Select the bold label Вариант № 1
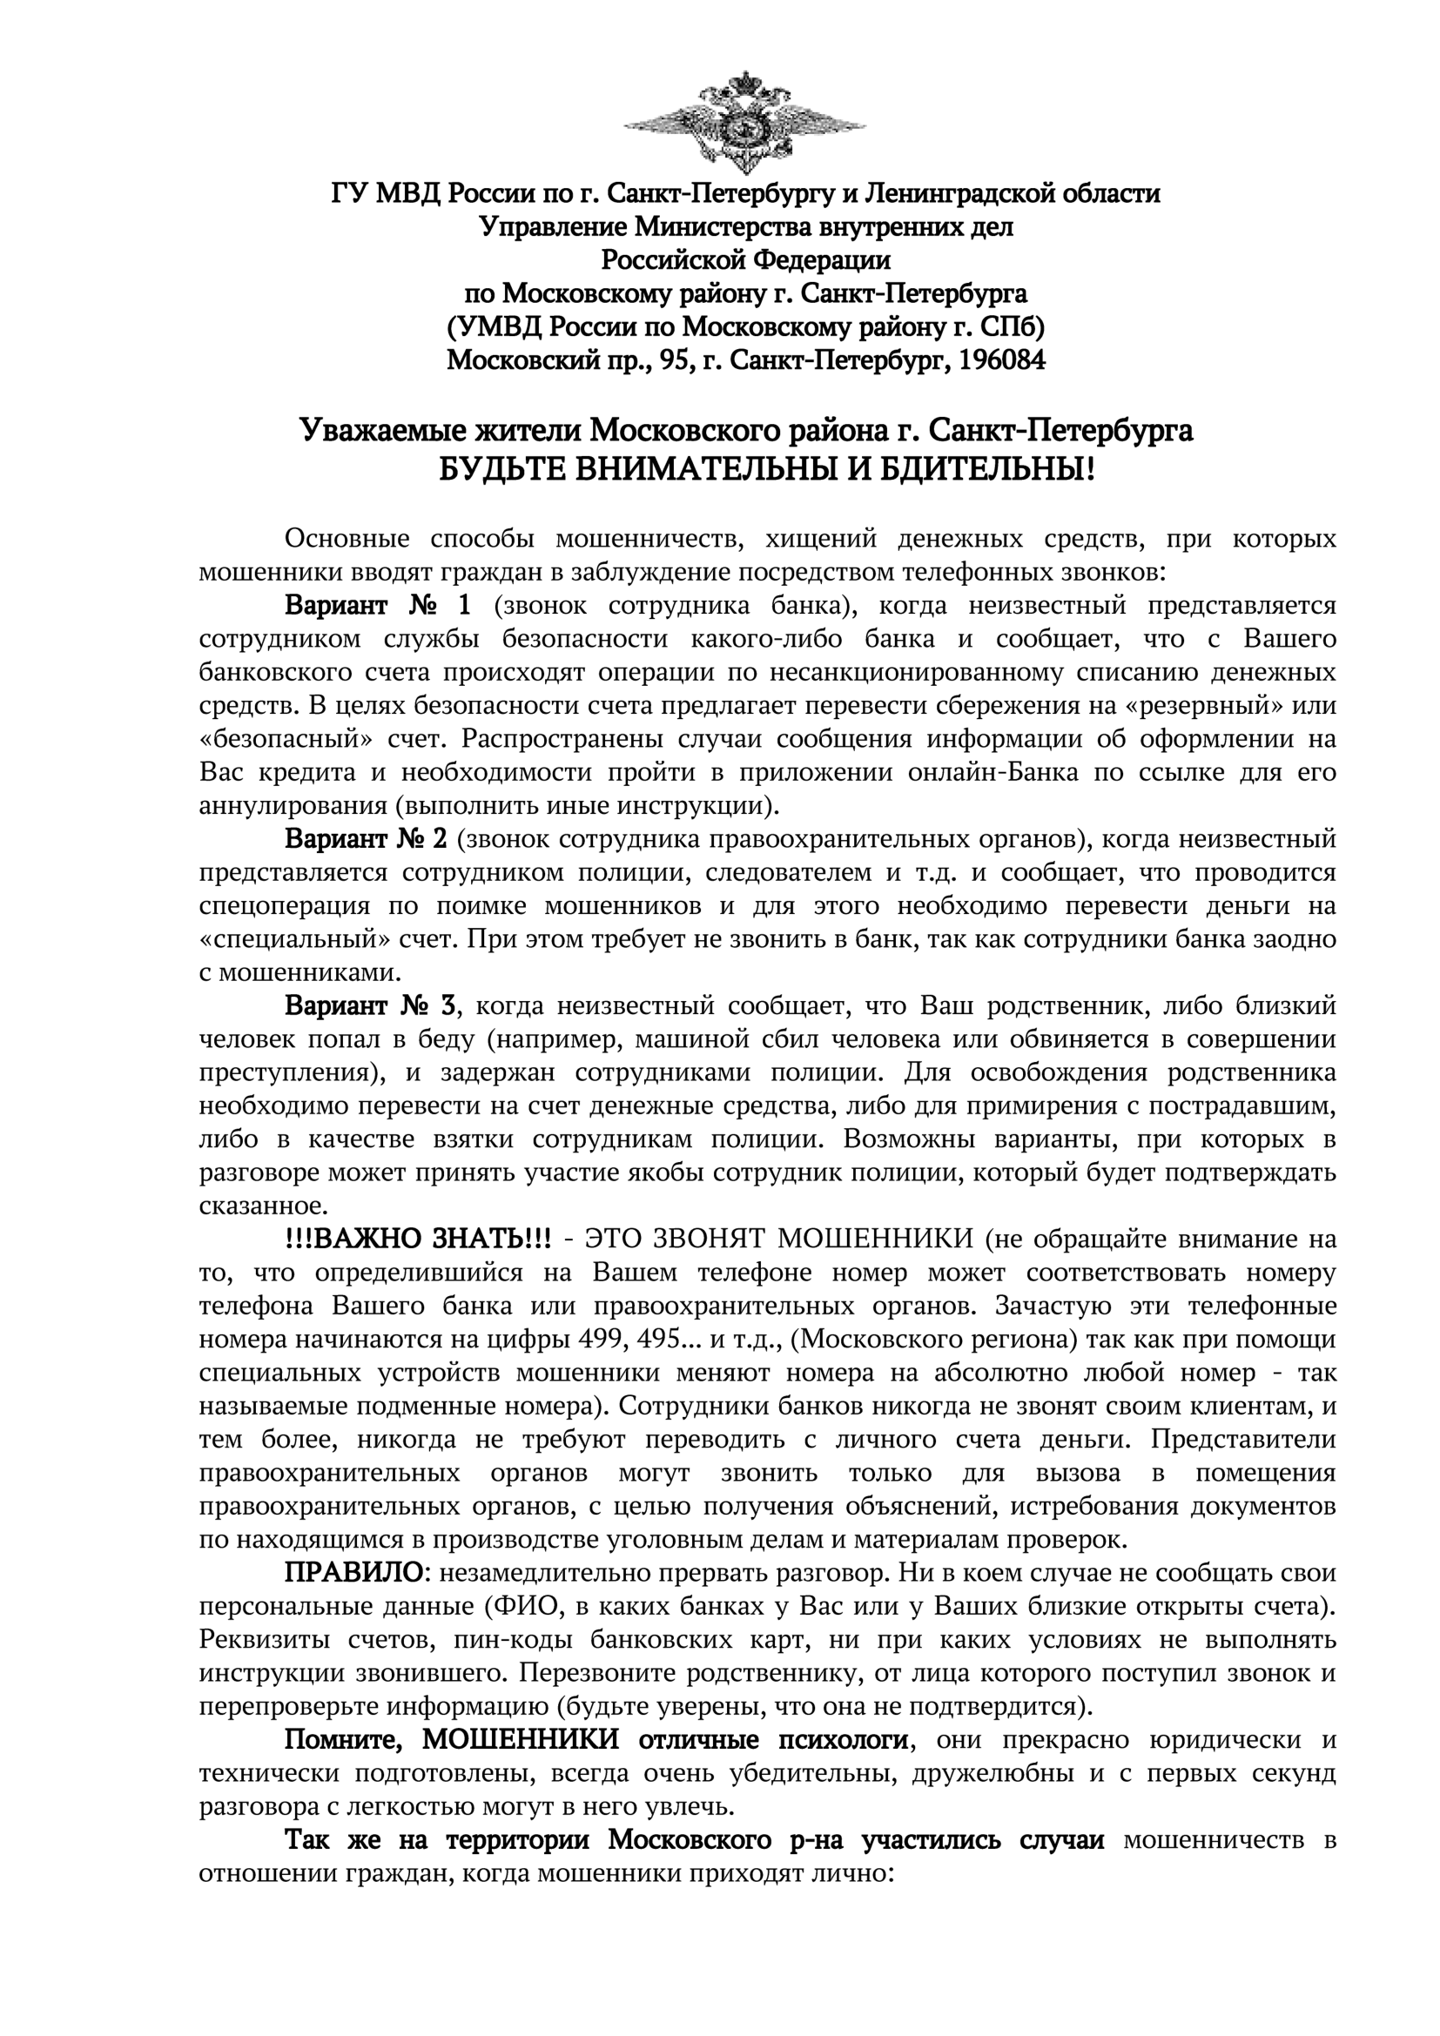[378, 606]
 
